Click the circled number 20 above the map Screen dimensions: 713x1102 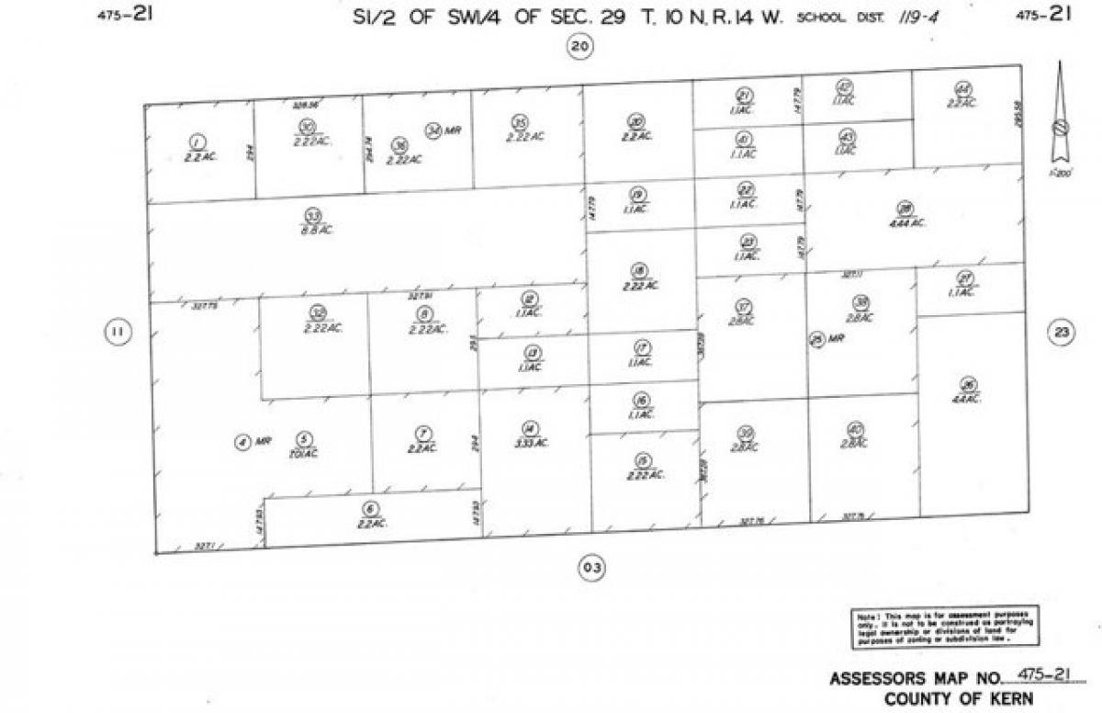tap(579, 47)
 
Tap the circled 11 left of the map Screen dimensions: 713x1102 tap(116, 332)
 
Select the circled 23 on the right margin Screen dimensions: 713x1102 tap(1062, 334)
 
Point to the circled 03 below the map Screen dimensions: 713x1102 tap(591, 568)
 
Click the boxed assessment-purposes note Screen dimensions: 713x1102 tap(944, 627)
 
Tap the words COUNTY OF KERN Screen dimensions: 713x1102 tap(958, 698)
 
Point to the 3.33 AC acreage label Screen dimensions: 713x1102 tap(530, 443)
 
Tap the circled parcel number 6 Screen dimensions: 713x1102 tap(370, 508)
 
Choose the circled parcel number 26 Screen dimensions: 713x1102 tap(965, 384)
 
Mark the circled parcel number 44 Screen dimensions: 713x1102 tap(962, 88)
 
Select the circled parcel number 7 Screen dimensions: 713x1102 tap(421, 434)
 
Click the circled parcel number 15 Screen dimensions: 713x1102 tap(642, 459)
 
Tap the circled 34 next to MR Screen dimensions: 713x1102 tap(433, 130)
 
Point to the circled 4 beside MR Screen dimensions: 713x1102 tap(242, 443)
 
